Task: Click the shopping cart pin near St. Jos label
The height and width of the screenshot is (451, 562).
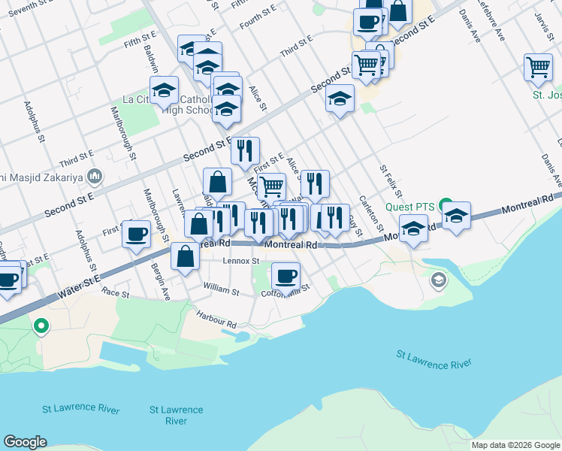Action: pos(538,67)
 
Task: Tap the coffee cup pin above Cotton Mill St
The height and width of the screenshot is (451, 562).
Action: pos(286,276)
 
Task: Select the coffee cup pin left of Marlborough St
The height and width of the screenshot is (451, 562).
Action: pos(137,234)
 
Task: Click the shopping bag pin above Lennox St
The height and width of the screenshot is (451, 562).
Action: pos(185,256)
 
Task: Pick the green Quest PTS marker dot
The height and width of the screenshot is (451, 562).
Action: pos(446,205)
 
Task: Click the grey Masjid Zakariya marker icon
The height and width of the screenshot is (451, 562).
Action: pos(95,177)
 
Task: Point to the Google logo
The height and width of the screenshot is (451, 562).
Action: pos(25,442)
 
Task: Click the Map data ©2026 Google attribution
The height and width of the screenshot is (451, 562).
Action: pos(515,445)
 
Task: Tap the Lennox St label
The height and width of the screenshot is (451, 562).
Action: pos(241,262)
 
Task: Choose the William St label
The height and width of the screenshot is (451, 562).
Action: pos(221,288)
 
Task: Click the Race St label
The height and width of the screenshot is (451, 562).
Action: pos(116,292)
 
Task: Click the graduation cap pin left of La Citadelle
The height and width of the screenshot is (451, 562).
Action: pos(164,91)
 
